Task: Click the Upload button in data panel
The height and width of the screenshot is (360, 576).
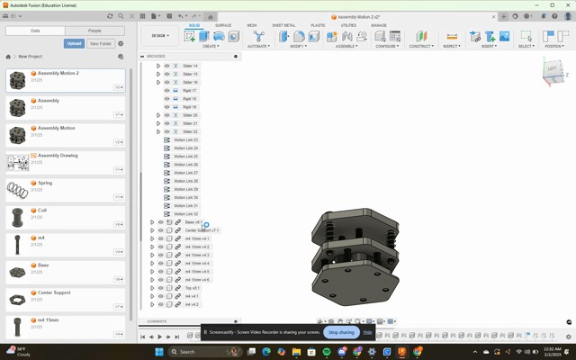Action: tap(75, 43)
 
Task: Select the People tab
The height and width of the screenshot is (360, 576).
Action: tap(94, 31)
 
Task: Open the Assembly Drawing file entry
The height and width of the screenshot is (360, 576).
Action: tap(57, 156)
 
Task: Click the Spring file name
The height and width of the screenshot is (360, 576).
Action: tap(45, 183)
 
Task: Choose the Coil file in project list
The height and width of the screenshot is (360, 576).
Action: tap(42, 211)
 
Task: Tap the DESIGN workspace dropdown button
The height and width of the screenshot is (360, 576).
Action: tap(159, 36)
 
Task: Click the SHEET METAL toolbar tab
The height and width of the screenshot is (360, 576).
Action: tap(283, 25)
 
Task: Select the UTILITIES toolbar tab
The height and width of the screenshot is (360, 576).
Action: tap(348, 25)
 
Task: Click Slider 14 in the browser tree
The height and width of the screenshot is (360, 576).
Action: tap(190, 66)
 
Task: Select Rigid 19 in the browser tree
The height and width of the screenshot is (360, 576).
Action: tap(189, 107)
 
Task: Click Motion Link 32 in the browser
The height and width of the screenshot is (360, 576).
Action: tap(185, 214)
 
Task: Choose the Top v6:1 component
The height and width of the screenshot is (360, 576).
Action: tap(193, 288)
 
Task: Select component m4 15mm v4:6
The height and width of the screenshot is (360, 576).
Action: tap(197, 280)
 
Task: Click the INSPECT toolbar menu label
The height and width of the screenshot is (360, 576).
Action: tap(451, 46)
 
